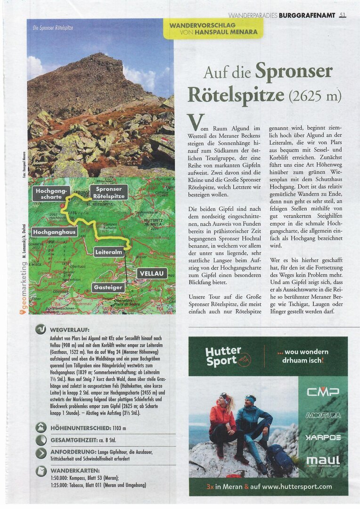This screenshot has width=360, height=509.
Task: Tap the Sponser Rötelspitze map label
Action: (x=109, y=192)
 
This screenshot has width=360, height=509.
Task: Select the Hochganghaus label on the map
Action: (x=55, y=232)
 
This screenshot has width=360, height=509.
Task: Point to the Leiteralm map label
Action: (x=109, y=252)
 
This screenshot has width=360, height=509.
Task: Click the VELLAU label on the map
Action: (x=151, y=273)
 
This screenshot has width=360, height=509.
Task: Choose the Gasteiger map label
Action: (x=108, y=287)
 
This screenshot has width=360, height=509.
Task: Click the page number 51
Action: (x=342, y=15)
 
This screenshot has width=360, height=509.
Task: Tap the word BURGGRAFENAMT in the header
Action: (x=307, y=15)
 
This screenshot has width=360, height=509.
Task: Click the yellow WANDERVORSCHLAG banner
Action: (x=213, y=28)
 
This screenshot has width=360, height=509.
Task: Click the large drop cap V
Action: (x=196, y=122)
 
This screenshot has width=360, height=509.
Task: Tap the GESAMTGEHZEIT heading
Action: (x=78, y=441)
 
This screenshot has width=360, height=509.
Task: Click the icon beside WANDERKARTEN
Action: (x=41, y=471)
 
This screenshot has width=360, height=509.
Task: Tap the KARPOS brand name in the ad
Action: (x=323, y=437)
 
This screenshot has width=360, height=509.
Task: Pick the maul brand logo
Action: (x=323, y=460)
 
